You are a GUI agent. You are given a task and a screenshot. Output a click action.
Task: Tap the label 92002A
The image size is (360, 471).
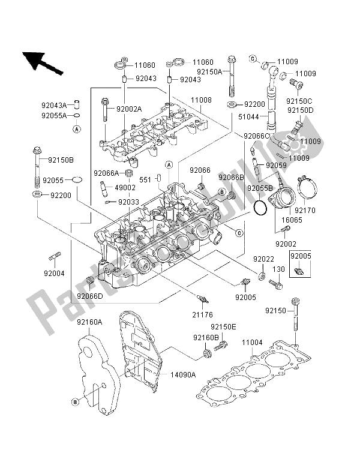(129, 109)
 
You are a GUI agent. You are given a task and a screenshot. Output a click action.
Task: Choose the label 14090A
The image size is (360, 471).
(183, 375)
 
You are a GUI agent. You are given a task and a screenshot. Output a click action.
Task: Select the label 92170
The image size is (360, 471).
(305, 210)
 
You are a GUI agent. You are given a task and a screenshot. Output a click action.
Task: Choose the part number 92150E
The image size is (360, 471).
(223, 327)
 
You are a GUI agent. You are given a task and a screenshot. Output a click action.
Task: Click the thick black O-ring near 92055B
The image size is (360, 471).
(259, 208)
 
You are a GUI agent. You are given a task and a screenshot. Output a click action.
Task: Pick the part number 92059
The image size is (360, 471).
(276, 165)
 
